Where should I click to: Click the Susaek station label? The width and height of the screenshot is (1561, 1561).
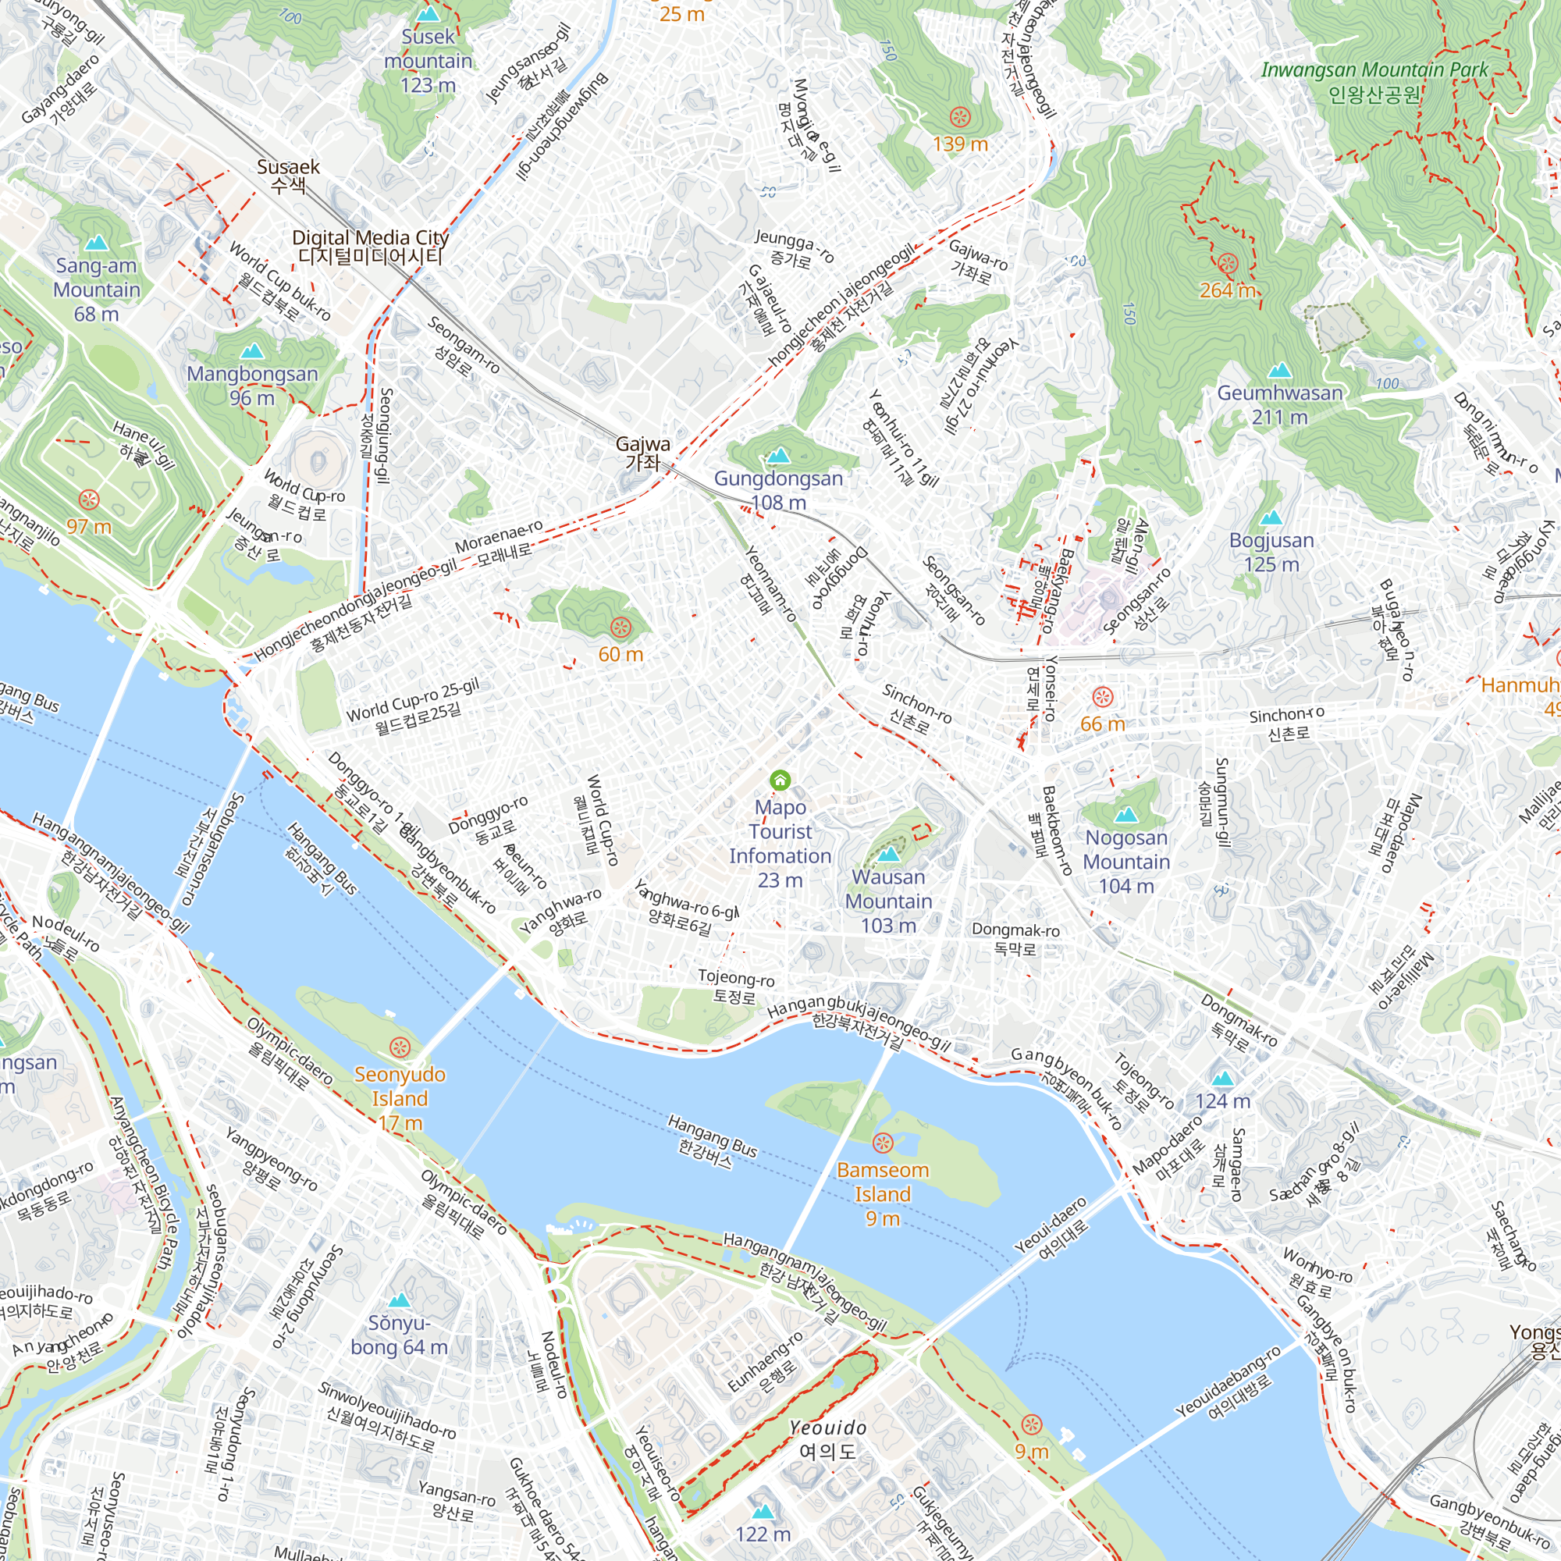(x=289, y=176)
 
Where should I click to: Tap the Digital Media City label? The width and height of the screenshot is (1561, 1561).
(x=370, y=247)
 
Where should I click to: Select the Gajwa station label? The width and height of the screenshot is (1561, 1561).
(x=643, y=453)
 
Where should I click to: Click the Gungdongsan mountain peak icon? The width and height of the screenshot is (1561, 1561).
(x=779, y=456)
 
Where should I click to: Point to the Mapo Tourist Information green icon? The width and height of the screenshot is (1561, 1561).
(x=780, y=780)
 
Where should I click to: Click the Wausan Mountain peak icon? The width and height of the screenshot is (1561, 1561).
(x=888, y=853)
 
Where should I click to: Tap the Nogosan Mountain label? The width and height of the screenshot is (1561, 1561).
(x=1126, y=862)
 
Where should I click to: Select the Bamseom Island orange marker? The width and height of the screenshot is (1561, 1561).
(x=882, y=1143)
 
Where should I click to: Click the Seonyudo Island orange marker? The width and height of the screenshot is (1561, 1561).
(x=399, y=1047)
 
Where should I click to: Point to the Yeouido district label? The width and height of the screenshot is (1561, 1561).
(x=827, y=1439)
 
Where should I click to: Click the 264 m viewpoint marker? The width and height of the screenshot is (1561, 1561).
(x=1227, y=262)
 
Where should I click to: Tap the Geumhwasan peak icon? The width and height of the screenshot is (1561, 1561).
(x=1279, y=370)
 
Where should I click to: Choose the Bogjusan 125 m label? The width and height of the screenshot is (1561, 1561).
(x=1271, y=552)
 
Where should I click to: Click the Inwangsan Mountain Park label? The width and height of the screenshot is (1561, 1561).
(x=1374, y=82)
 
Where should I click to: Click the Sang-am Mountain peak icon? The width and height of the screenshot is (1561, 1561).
(x=97, y=243)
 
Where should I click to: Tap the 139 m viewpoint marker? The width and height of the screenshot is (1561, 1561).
(x=960, y=116)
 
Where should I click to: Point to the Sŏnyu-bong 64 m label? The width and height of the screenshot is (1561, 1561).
(x=398, y=1335)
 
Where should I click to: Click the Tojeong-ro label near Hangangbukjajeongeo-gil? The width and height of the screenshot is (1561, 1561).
(x=735, y=987)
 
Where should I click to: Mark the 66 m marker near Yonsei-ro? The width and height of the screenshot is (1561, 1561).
(x=1103, y=696)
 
